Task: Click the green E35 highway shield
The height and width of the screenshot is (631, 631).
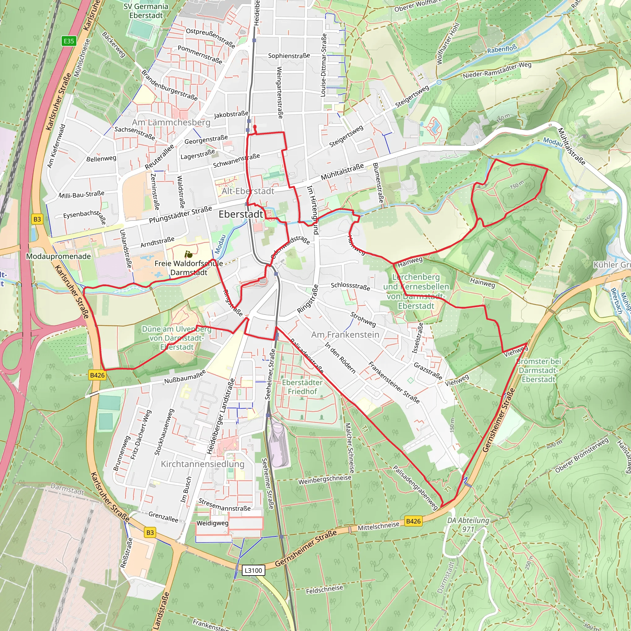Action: (69, 41)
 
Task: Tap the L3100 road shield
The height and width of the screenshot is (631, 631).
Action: (254, 570)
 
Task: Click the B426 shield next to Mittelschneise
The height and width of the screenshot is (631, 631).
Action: (413, 521)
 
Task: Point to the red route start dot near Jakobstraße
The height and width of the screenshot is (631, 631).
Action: (255, 127)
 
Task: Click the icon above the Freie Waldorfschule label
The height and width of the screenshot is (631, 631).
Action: (188, 254)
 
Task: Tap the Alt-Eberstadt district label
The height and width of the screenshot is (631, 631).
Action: (248, 191)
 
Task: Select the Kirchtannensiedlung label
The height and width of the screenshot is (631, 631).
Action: (202, 464)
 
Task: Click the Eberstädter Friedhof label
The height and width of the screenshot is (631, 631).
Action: (302, 387)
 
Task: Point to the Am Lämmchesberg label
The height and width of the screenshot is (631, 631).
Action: (171, 122)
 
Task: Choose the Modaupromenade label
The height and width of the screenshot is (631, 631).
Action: (59, 256)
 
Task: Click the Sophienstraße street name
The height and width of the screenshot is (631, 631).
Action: (289, 56)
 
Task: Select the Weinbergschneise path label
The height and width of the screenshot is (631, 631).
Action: (324, 479)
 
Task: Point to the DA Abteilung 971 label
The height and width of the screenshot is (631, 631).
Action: (468, 524)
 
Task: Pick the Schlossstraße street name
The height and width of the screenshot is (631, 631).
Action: (350, 286)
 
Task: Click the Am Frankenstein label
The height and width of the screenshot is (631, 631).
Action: (345, 335)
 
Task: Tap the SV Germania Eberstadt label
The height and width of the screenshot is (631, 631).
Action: (146, 11)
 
